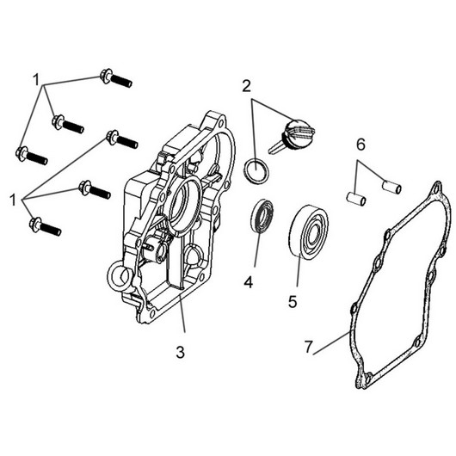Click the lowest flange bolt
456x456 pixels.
[x=43, y=226]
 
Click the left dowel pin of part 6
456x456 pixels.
[x=357, y=200]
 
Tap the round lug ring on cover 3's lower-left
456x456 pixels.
[x=116, y=277]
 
